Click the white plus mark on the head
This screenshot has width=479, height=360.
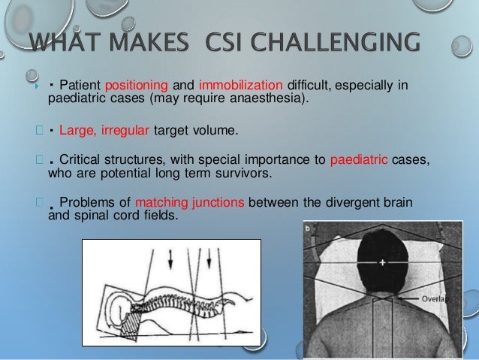[x=382, y=263]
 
